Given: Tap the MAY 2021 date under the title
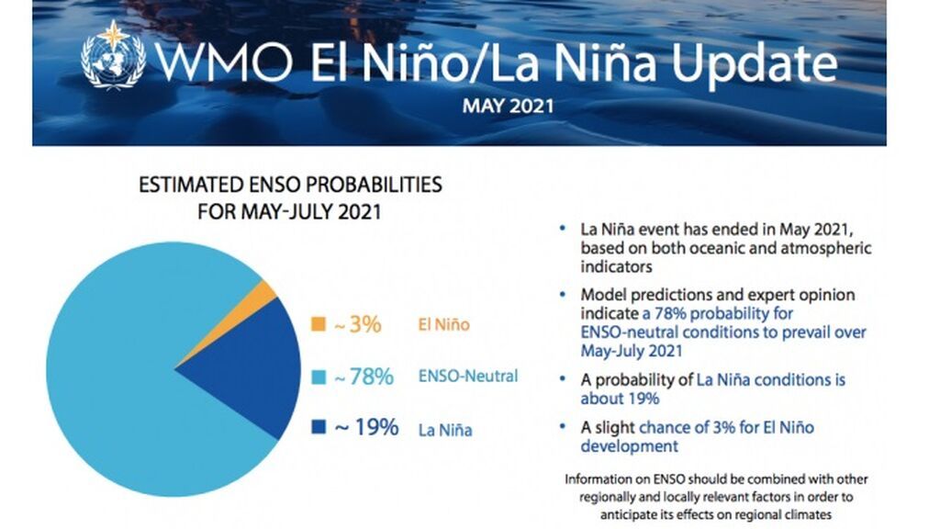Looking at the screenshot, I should pyautogui.click(x=508, y=106).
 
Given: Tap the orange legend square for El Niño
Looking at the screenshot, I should pyautogui.click(x=319, y=324).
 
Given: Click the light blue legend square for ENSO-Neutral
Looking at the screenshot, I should pyautogui.click(x=319, y=377).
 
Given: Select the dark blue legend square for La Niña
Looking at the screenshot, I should pyautogui.click(x=319, y=427).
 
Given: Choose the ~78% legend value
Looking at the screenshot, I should pyautogui.click(x=364, y=377).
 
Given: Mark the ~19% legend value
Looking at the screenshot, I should pyautogui.click(x=365, y=427).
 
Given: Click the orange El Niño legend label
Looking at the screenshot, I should pyautogui.click(x=443, y=324).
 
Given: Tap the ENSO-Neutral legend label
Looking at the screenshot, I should pyautogui.click(x=468, y=376).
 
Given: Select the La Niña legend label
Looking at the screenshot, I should pyautogui.click(x=445, y=428).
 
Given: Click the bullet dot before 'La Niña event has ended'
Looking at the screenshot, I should pyautogui.click(x=562, y=226).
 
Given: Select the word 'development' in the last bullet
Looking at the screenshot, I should pyautogui.click(x=629, y=446).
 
